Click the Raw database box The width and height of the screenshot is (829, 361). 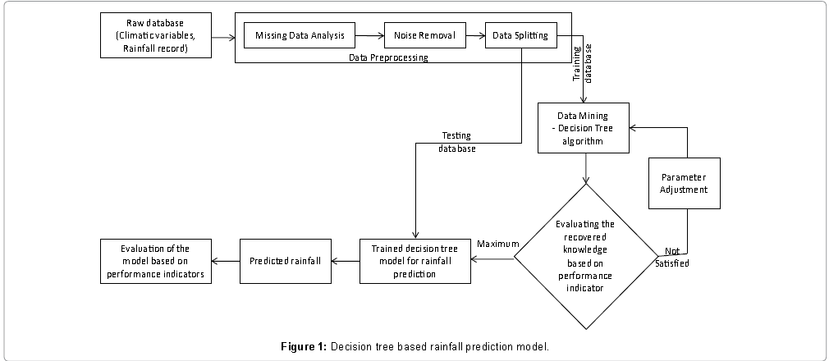coord(154,34)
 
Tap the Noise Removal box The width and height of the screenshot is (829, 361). coord(425,35)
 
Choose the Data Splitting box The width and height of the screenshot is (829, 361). coord(521,35)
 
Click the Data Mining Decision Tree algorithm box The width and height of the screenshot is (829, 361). coord(584,127)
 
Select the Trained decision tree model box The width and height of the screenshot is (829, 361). coord(415,261)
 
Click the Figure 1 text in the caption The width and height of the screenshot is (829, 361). coord(303,346)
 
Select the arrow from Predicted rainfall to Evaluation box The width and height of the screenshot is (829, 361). coord(224,261)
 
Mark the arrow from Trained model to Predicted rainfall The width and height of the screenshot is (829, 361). coord(345,261)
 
